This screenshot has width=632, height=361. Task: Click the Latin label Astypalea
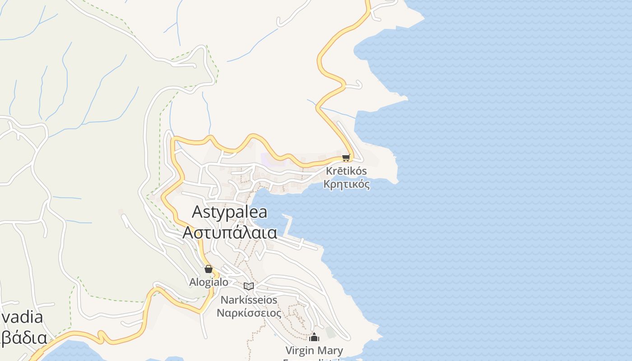point(229,212)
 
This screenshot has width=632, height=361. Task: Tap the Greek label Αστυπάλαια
point(229,232)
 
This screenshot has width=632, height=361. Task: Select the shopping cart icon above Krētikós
point(346,157)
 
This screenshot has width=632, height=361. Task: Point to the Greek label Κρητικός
point(347,184)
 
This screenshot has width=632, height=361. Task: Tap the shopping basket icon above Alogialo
point(208,269)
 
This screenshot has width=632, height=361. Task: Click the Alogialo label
point(209,282)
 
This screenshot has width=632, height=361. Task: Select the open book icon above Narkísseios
point(249,286)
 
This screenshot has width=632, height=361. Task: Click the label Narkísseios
point(249,300)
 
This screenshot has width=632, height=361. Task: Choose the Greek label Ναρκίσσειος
point(249,313)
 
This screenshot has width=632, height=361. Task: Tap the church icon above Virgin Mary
point(314,337)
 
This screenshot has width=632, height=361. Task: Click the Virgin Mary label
point(314,350)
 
